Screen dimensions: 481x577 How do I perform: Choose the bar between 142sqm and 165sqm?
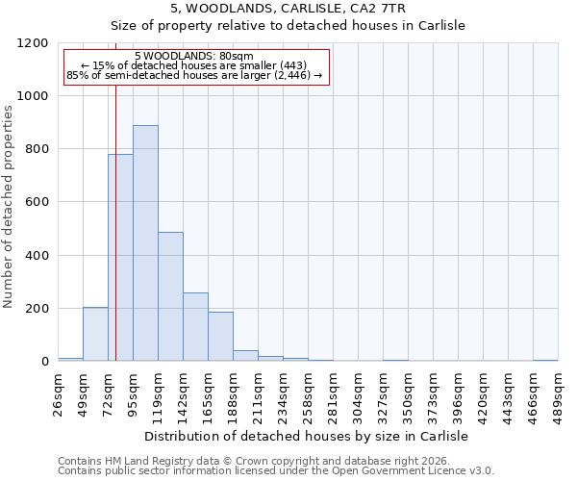click(195, 327)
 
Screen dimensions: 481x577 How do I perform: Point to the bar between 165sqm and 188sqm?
click(220, 337)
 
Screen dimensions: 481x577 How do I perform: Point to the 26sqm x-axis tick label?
click(58, 392)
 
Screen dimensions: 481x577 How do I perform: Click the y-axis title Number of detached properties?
click(10, 207)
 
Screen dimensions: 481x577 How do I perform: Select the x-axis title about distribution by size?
click(307, 437)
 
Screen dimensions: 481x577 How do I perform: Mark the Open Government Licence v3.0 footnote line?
click(275, 471)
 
